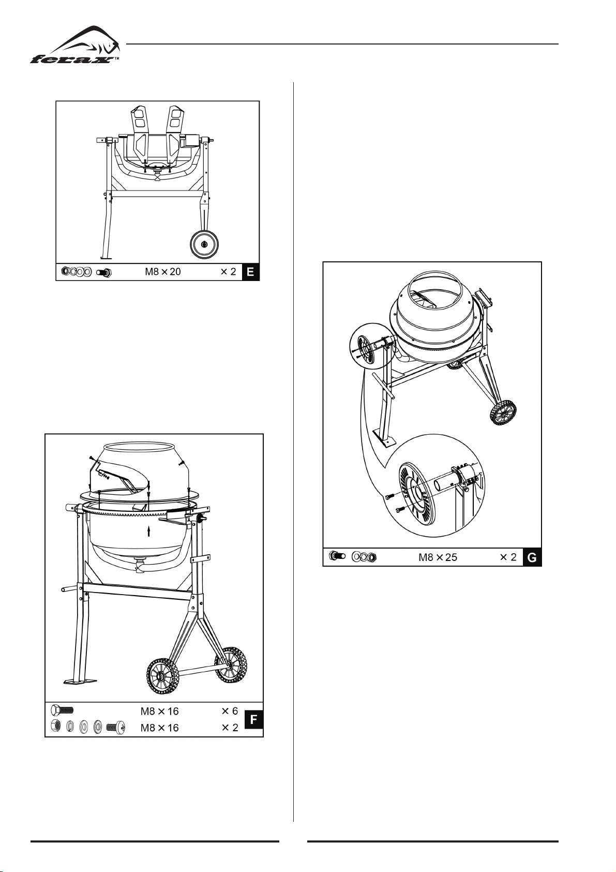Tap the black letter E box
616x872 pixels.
pos(250,272)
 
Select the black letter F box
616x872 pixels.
pos(253,719)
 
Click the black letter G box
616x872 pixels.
pos(532,557)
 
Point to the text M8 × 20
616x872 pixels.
pos(162,272)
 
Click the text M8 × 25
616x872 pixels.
pos(438,557)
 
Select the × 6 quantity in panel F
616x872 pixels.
pos(230,711)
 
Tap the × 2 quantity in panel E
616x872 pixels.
pos(229,272)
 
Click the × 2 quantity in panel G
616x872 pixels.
pos(508,557)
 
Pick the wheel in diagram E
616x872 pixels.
pos(204,244)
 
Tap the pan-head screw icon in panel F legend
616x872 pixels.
pos(115,727)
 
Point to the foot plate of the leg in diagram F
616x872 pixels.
pos(80,682)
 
